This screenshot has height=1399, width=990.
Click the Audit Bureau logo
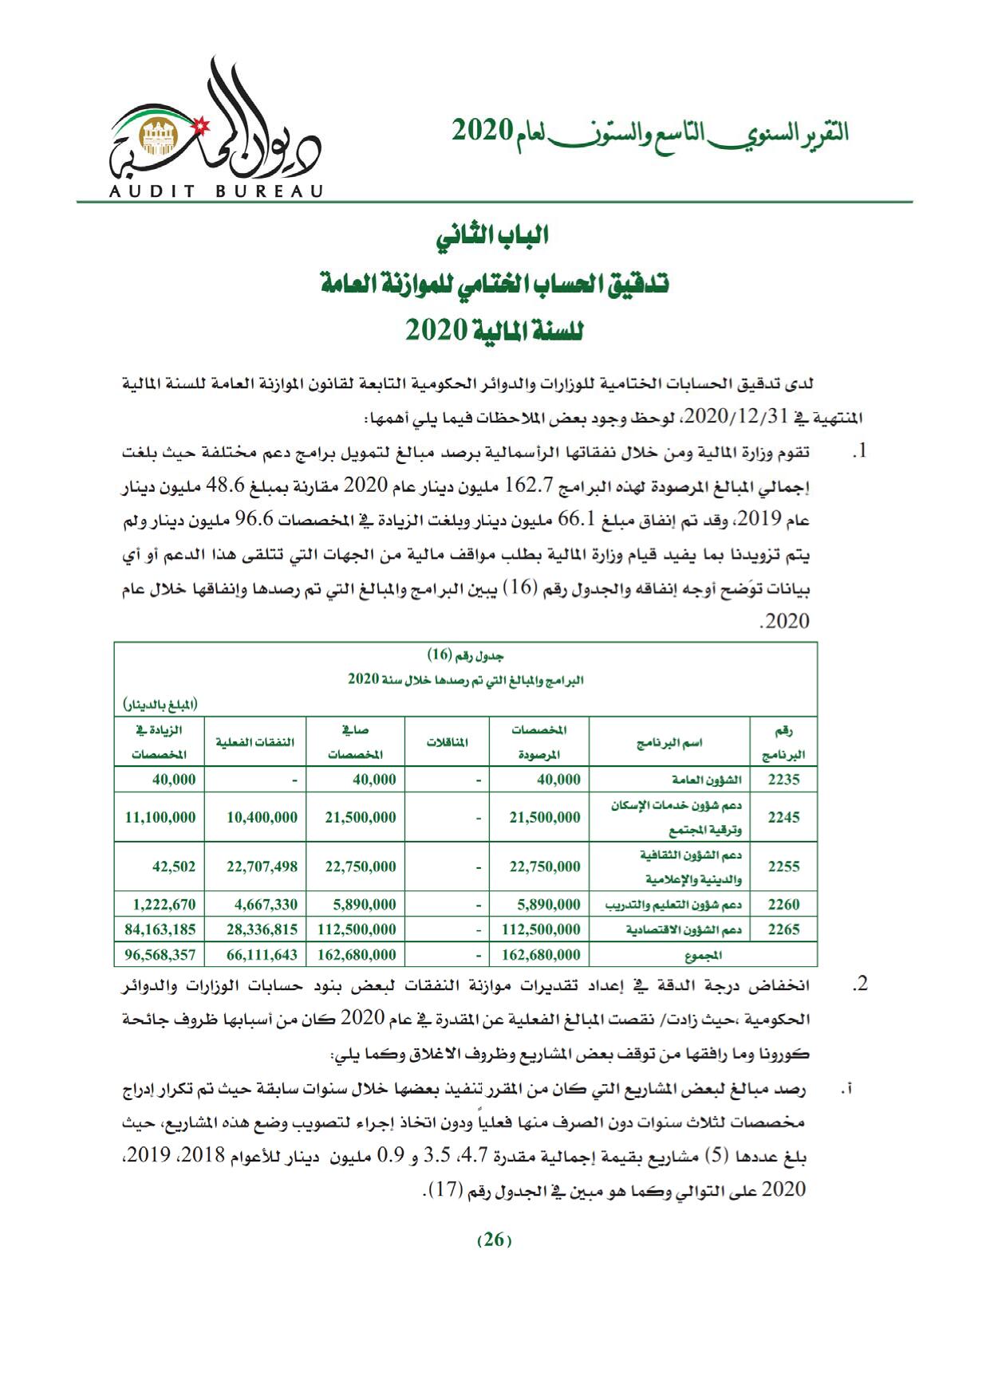pyautogui.click(x=215, y=128)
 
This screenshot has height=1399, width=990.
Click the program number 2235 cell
pyautogui.click(x=783, y=780)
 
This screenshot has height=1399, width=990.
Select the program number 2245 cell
pyautogui.click(x=783, y=817)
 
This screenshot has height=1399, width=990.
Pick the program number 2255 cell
pyautogui.click(x=783, y=867)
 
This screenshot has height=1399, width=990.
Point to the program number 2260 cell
pyautogui.click(x=783, y=904)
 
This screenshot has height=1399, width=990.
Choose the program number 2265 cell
pyautogui.click(x=783, y=929)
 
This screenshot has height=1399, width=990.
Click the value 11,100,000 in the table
pyautogui.click(x=160, y=817)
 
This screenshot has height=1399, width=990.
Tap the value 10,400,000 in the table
pyautogui.click(x=262, y=817)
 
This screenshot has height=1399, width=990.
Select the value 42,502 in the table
pyautogui.click(x=174, y=867)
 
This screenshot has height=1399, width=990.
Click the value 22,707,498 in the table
pyautogui.click(x=262, y=867)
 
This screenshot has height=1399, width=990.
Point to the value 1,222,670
pyautogui.click(x=164, y=904)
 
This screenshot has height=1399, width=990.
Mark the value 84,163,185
pyautogui.click(x=160, y=929)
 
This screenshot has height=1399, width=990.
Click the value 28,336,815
pyautogui.click(x=262, y=929)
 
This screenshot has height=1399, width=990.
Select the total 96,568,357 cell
pyautogui.click(x=160, y=954)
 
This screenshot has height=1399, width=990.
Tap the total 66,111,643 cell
pyautogui.click(x=262, y=954)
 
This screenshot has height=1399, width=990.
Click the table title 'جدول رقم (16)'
pyautogui.click(x=466, y=655)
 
